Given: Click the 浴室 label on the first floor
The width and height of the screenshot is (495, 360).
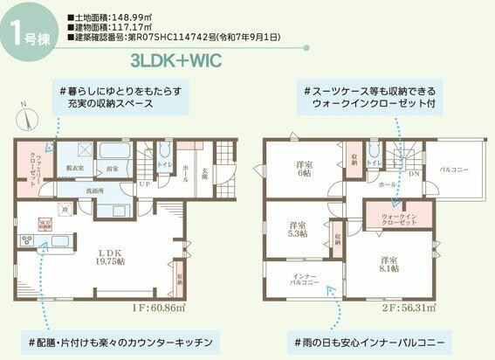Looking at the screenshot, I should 113,168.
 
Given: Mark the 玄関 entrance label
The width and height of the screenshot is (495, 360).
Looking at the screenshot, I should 206,175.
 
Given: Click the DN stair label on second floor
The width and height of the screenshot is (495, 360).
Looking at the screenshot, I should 413,174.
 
